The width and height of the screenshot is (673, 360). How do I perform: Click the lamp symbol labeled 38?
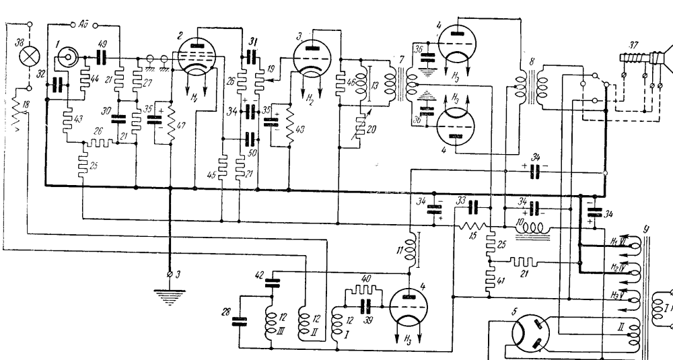[x=28, y=56]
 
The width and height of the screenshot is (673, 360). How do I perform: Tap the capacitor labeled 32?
[x=57, y=83]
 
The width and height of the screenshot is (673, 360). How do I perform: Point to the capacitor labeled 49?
[x=102, y=57]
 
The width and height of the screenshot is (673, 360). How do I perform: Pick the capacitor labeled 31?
[x=251, y=57]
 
